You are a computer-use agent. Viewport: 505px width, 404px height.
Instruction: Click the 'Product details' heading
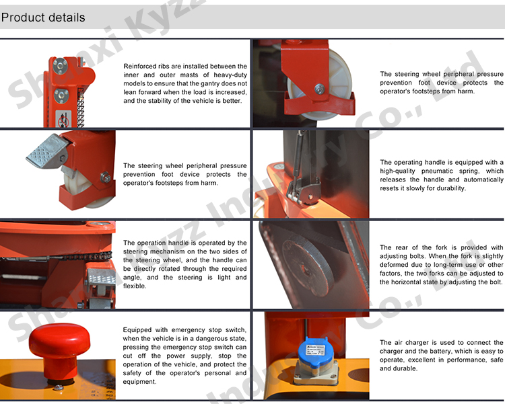click(44, 17)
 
